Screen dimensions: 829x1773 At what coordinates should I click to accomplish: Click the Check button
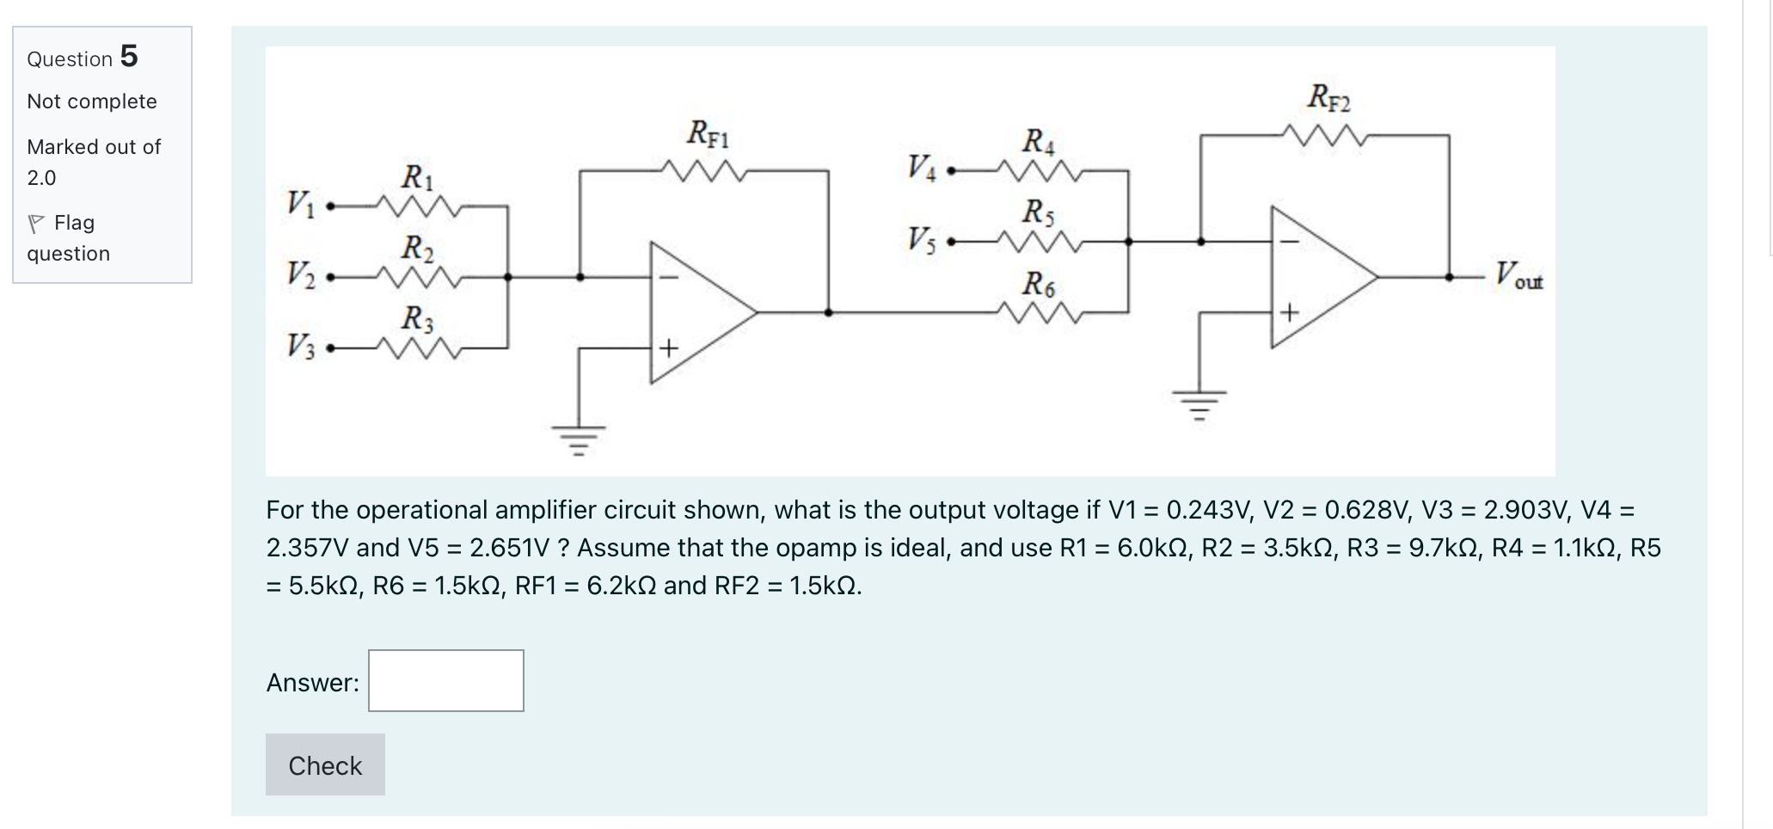tap(325, 765)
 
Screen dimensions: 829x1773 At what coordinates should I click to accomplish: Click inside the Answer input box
tap(445, 680)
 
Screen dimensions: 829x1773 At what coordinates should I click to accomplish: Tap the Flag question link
tap(69, 237)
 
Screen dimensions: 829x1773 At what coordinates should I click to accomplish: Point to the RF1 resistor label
tap(708, 134)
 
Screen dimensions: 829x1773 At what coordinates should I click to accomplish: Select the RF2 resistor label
tap(1328, 97)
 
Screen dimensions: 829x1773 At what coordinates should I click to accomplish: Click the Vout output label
tap(1518, 276)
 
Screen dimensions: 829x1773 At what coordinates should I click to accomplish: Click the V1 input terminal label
tap(300, 205)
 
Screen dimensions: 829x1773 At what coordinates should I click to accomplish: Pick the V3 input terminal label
tap(300, 347)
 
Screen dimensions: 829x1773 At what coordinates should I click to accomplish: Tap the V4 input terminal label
tap(921, 167)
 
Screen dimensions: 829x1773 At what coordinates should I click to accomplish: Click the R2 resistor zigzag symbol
tap(420, 278)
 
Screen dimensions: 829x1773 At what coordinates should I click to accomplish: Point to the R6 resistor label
tap(1038, 283)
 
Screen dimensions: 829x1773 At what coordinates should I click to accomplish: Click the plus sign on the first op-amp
tap(669, 348)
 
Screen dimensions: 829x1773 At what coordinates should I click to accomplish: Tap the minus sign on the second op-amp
tap(1288, 242)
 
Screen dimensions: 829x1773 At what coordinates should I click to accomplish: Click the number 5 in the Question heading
tap(129, 56)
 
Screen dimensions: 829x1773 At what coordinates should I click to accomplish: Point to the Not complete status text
tap(92, 101)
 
